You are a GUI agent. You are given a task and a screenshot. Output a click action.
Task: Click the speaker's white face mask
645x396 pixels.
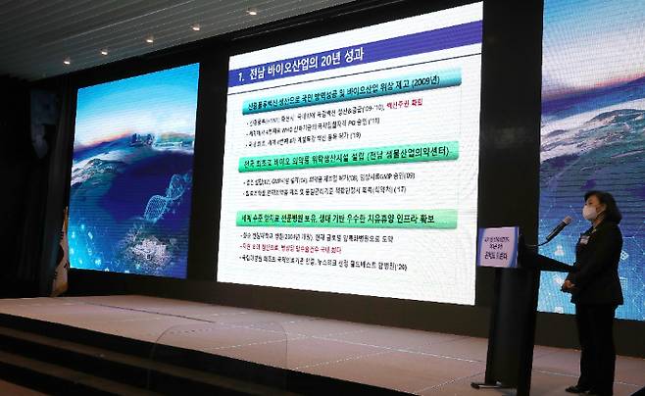(x=590, y=212)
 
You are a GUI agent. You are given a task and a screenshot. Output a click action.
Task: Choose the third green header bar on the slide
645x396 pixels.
(x=345, y=217)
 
